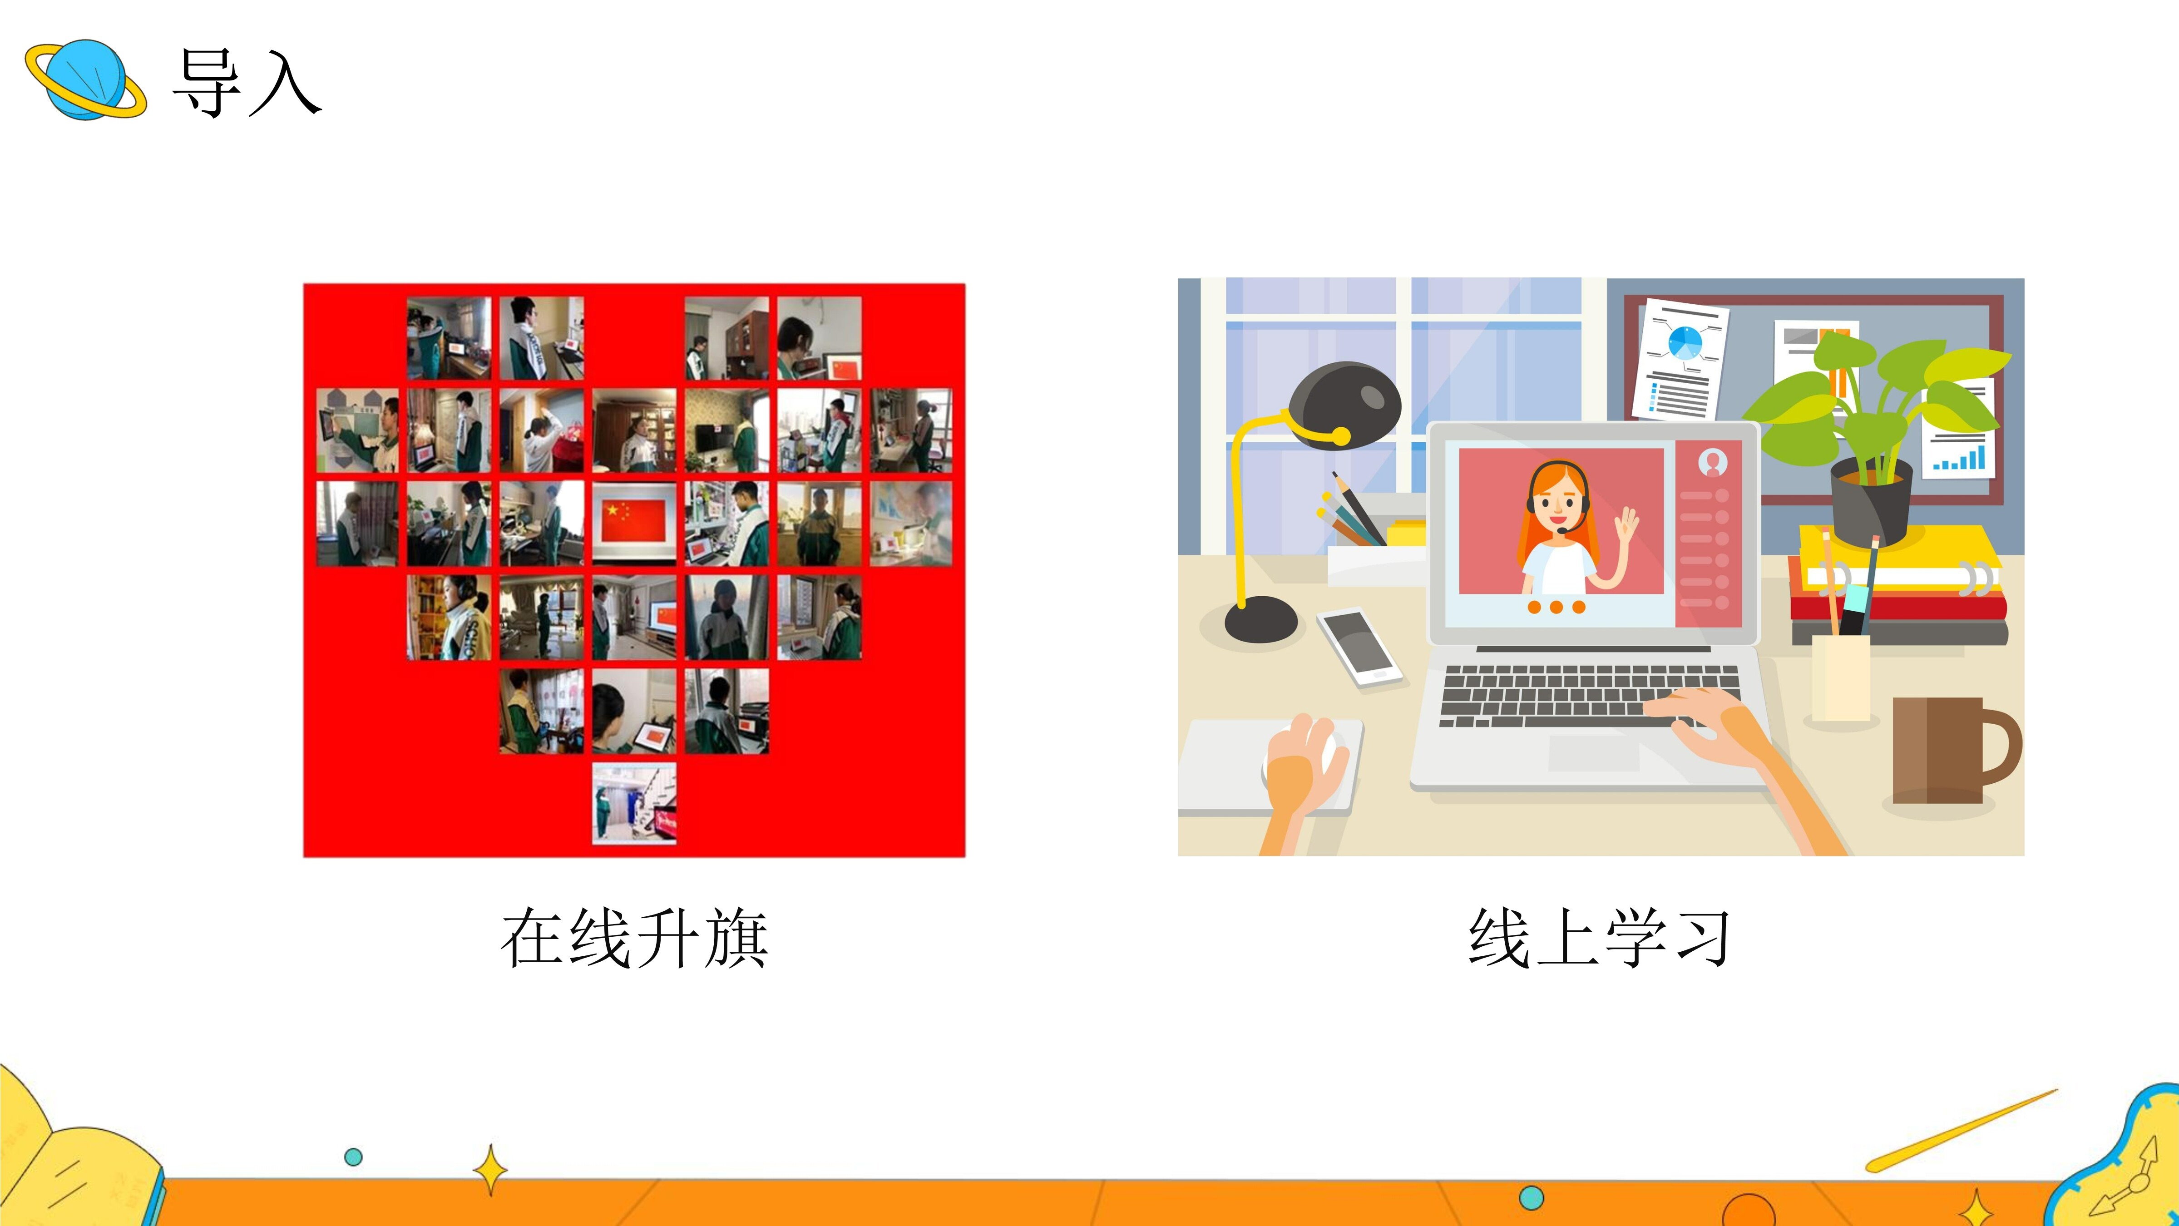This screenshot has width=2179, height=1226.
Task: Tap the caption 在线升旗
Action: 634,938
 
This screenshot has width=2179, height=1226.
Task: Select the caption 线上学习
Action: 1600,938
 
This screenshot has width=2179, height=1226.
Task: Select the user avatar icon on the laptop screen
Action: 1713,462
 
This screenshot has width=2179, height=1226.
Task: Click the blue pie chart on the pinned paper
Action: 1685,342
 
